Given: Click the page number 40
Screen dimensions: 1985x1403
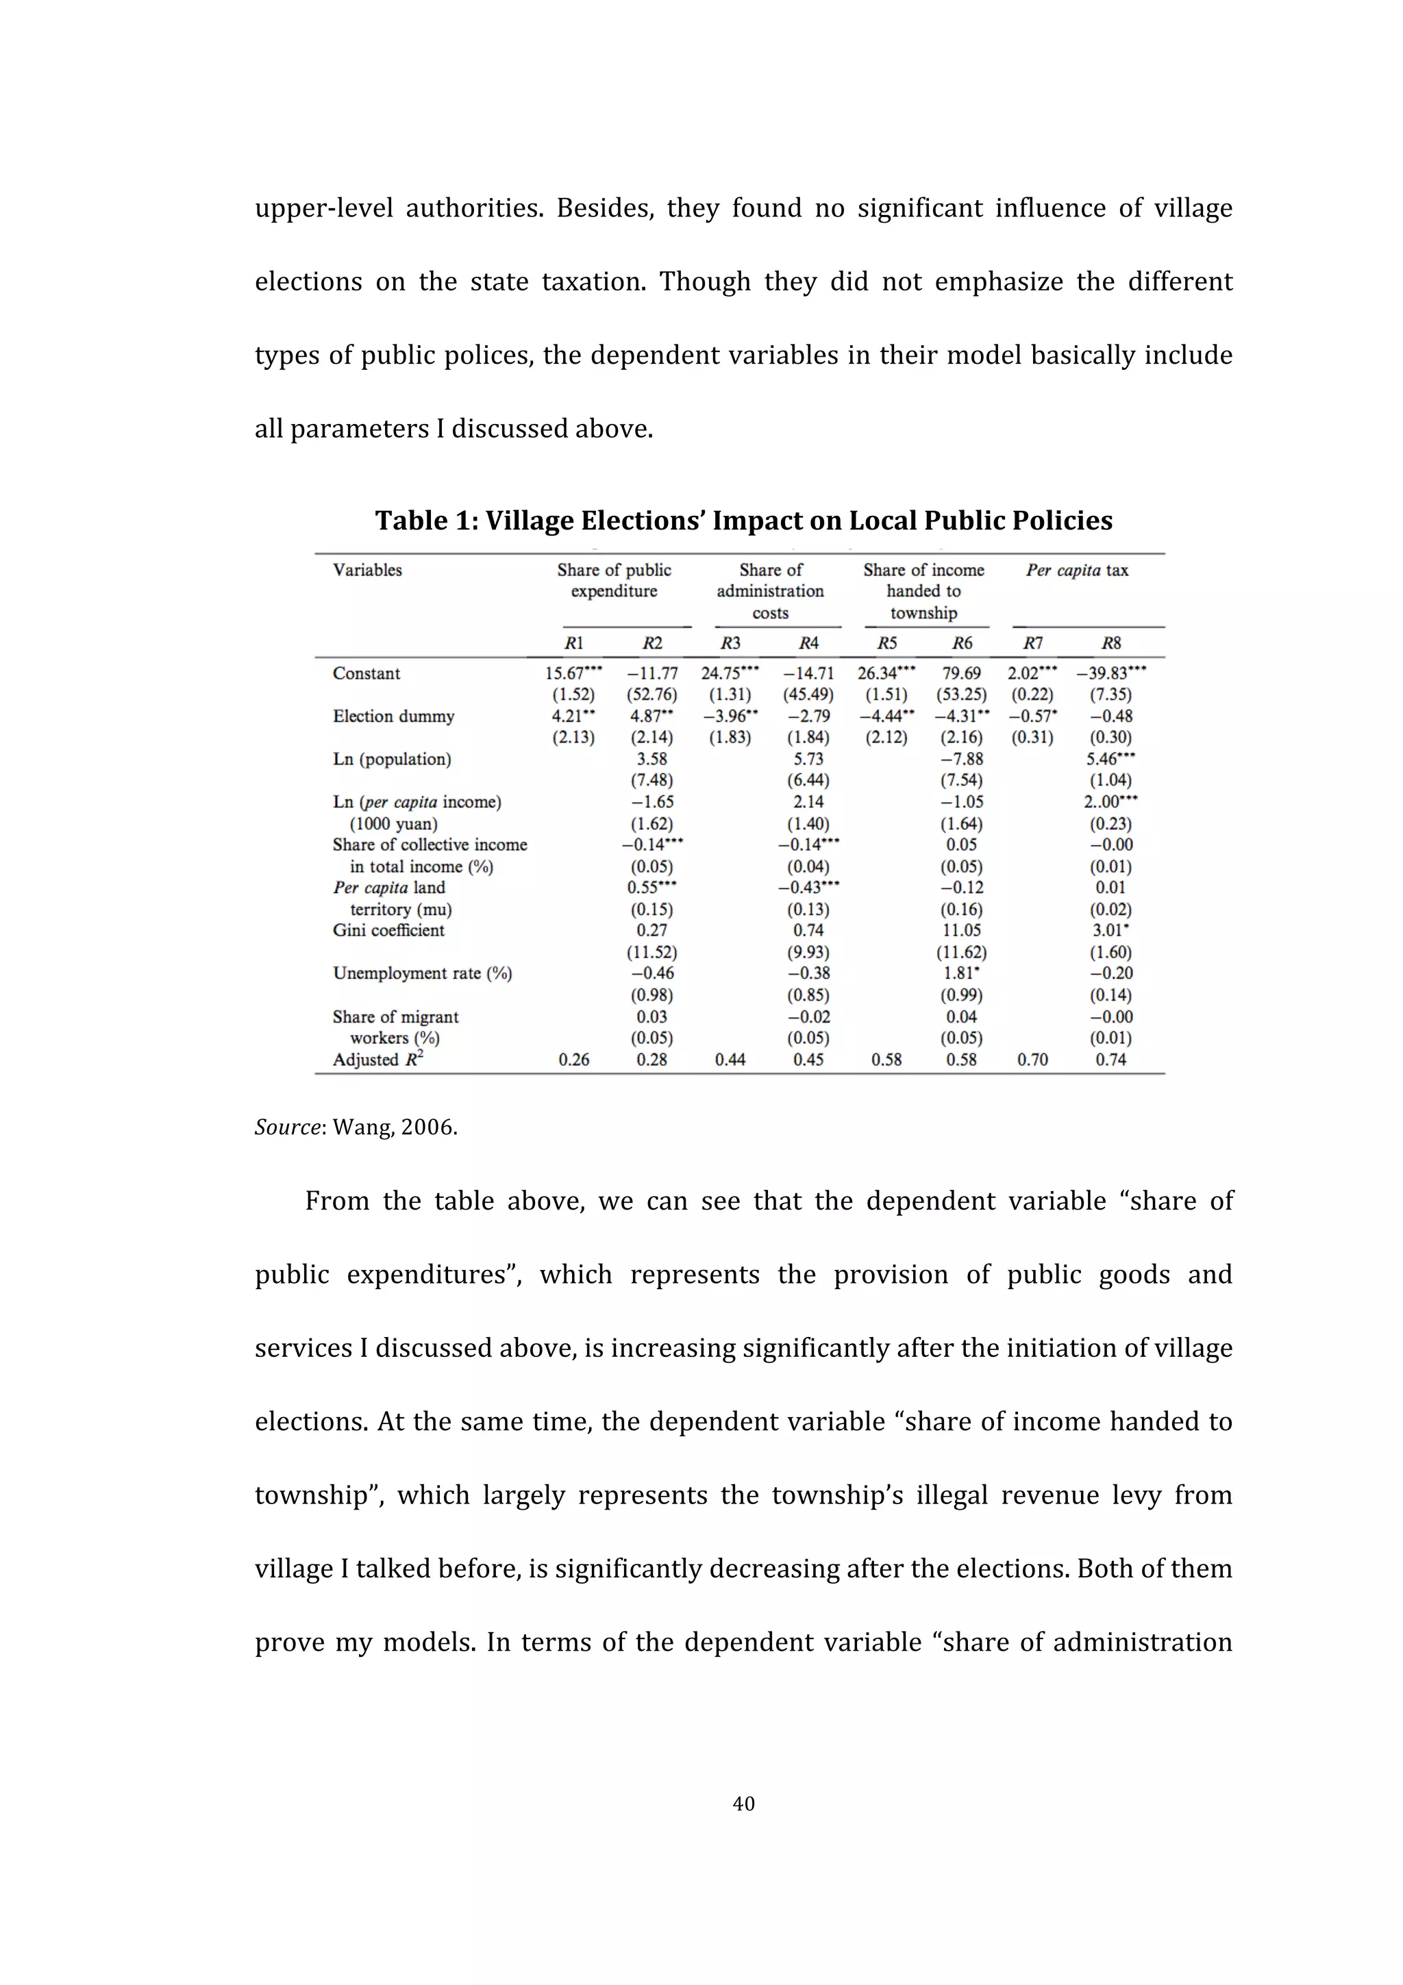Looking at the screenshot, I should click(743, 1803).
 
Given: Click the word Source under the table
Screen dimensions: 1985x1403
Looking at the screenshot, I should click(288, 1127).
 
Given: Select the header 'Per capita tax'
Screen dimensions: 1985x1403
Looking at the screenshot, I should click(1076, 571).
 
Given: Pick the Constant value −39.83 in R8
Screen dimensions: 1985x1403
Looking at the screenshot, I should click(1110, 673).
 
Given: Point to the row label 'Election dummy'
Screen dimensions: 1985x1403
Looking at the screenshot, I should click(393, 716).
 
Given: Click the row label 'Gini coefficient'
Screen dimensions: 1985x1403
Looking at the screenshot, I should click(388, 930).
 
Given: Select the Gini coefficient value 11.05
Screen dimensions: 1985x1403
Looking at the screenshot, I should click(961, 930).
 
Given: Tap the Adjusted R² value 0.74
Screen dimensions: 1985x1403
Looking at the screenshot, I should click(1110, 1060).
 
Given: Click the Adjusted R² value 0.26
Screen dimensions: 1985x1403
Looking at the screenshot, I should click(573, 1060).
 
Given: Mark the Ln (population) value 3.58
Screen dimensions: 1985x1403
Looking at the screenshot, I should click(651, 759).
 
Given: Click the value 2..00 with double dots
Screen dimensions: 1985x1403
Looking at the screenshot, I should click(1110, 802).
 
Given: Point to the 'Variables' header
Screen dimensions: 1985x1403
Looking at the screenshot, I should click(367, 571).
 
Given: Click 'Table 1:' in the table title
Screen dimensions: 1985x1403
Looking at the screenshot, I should click(426, 521).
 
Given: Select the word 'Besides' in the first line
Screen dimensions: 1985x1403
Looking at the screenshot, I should click(604, 208).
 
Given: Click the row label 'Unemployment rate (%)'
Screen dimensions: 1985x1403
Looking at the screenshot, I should click(423, 973).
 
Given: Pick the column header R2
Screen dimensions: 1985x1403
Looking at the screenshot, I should click(651, 643).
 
